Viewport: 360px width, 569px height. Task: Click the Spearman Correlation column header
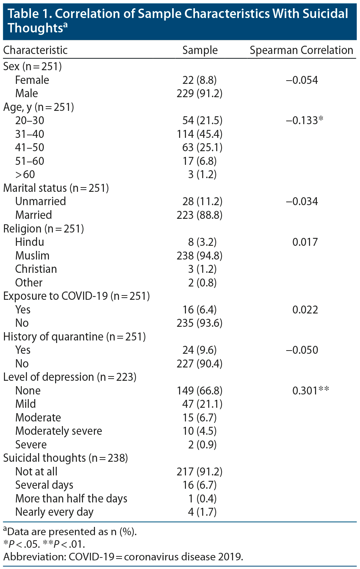click(301, 50)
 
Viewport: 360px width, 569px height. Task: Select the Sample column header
click(200, 50)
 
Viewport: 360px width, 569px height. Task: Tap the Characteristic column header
click(35, 50)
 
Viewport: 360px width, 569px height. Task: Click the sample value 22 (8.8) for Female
click(200, 80)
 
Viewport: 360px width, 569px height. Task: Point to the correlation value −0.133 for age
click(304, 120)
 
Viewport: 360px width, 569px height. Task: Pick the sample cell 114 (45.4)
click(200, 134)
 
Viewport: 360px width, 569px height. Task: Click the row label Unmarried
click(41, 201)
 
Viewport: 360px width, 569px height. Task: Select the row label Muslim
click(32, 256)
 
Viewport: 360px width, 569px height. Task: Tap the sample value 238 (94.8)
click(200, 256)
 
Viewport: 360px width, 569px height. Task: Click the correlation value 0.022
click(305, 310)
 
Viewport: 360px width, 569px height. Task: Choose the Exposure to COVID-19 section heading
click(77, 296)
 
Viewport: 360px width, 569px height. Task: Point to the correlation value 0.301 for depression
click(310, 390)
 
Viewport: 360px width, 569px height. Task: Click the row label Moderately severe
click(59, 431)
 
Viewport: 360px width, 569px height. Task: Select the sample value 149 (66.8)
click(200, 390)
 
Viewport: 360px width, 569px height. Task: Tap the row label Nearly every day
click(54, 512)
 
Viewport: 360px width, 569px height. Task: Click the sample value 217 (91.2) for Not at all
click(200, 471)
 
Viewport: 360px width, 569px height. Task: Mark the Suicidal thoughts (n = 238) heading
click(66, 458)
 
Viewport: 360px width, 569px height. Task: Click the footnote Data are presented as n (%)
click(70, 532)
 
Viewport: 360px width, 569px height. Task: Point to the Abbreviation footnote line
click(123, 557)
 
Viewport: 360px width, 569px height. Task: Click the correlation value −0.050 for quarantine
click(302, 350)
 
